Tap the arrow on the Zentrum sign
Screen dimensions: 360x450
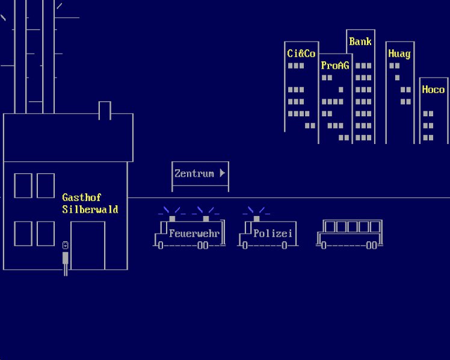click(x=222, y=173)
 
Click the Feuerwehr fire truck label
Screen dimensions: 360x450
click(x=194, y=234)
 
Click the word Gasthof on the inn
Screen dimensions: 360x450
click(x=82, y=197)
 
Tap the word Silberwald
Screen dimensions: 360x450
click(x=90, y=209)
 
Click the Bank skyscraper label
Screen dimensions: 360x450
click(x=360, y=42)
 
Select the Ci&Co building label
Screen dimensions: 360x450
click(x=301, y=54)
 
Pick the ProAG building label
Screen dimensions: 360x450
click(x=334, y=66)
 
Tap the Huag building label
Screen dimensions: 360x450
click(x=399, y=54)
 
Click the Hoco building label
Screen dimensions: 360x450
click(x=433, y=90)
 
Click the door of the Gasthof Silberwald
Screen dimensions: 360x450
click(x=88, y=246)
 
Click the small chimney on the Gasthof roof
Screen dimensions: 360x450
click(x=105, y=111)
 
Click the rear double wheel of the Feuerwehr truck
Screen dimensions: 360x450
click(x=203, y=246)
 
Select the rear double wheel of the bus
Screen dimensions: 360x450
click(x=372, y=246)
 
